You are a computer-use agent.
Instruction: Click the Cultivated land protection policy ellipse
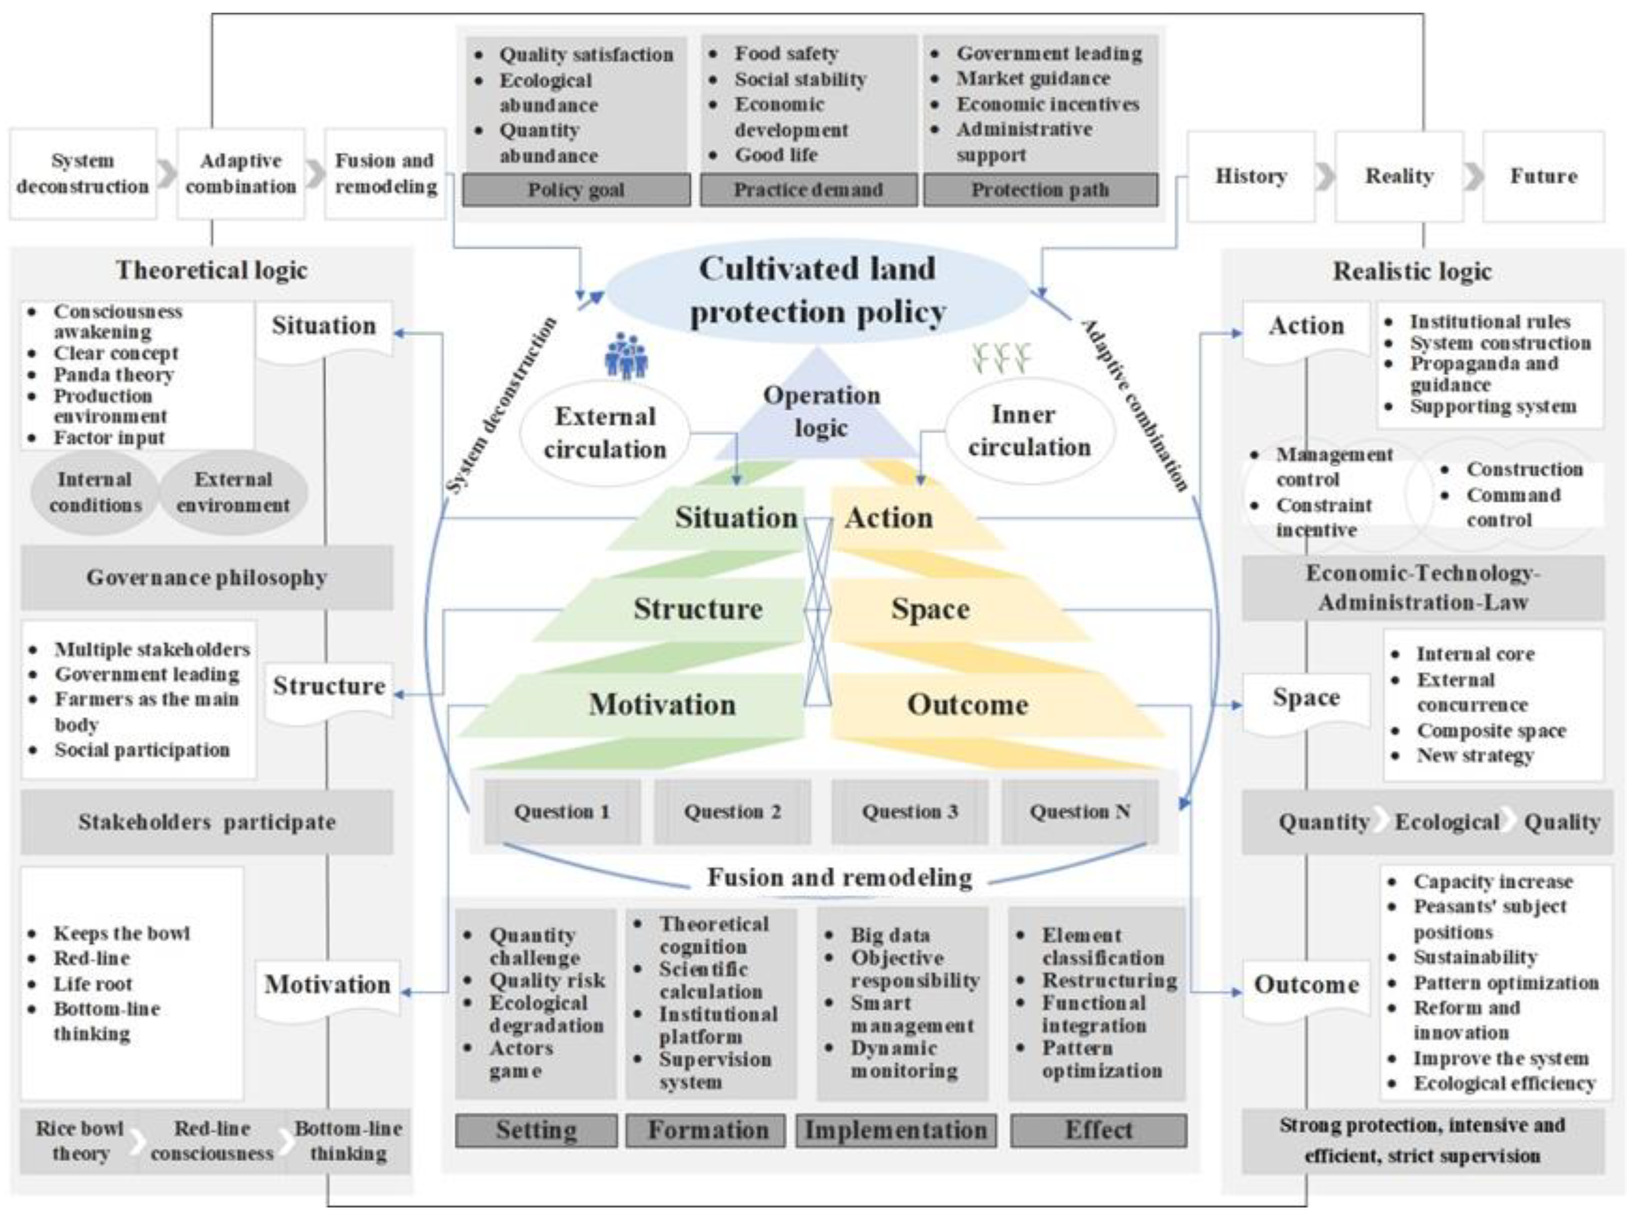coord(816,291)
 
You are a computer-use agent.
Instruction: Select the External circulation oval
coord(604,432)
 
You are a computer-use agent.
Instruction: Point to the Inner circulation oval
coord(1029,431)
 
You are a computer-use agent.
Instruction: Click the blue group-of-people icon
coord(626,356)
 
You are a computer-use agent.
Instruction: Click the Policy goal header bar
coord(576,190)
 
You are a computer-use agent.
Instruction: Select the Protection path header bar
coord(1040,190)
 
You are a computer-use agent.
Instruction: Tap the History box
coord(1250,177)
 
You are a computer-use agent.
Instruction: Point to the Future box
coord(1543,177)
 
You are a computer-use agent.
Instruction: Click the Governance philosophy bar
coord(207,577)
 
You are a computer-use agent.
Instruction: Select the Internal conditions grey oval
coord(95,492)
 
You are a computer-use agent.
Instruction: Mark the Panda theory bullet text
coord(113,374)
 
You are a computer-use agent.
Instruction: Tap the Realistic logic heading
coord(1412,271)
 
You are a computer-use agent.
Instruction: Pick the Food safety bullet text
coord(786,54)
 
